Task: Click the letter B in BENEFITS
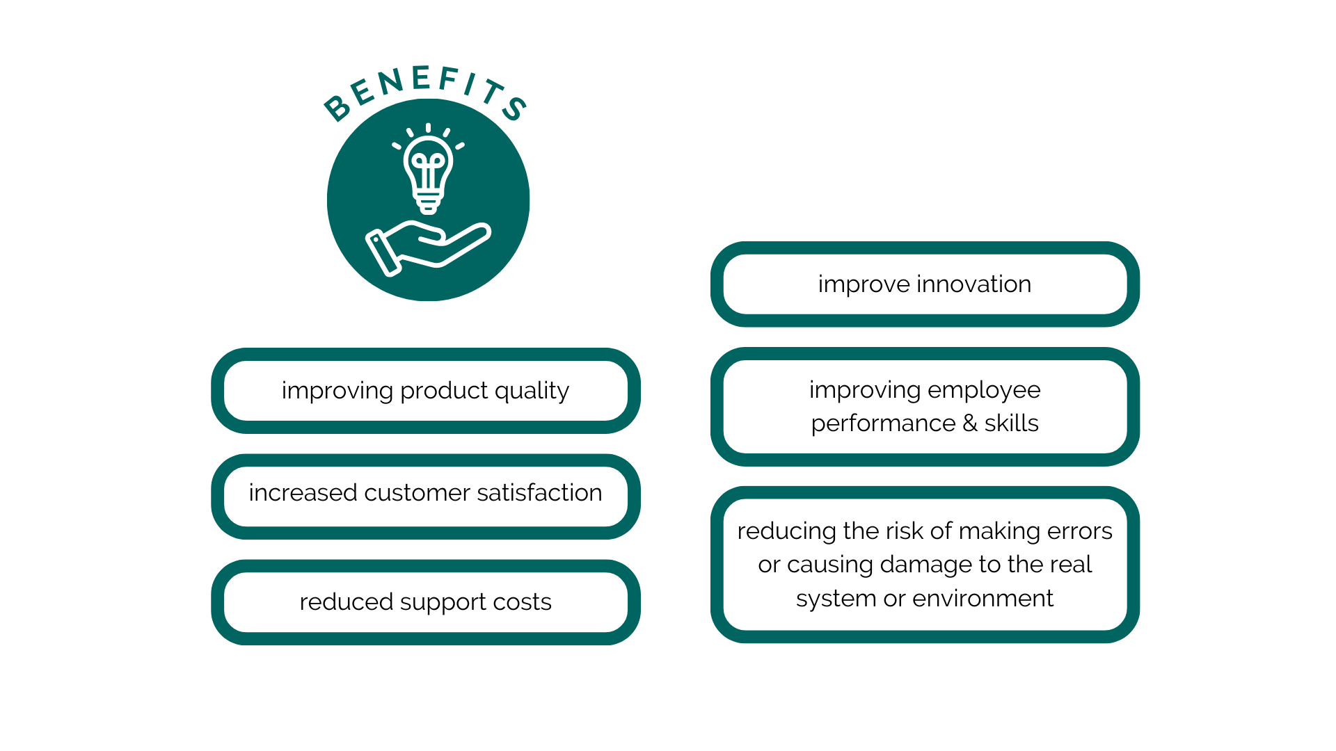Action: tap(337, 107)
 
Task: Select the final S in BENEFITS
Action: tap(515, 108)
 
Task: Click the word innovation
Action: tap(973, 284)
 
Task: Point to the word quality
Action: tap(532, 391)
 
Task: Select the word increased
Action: tap(303, 492)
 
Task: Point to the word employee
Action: tap(984, 391)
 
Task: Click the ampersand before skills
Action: tap(970, 423)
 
